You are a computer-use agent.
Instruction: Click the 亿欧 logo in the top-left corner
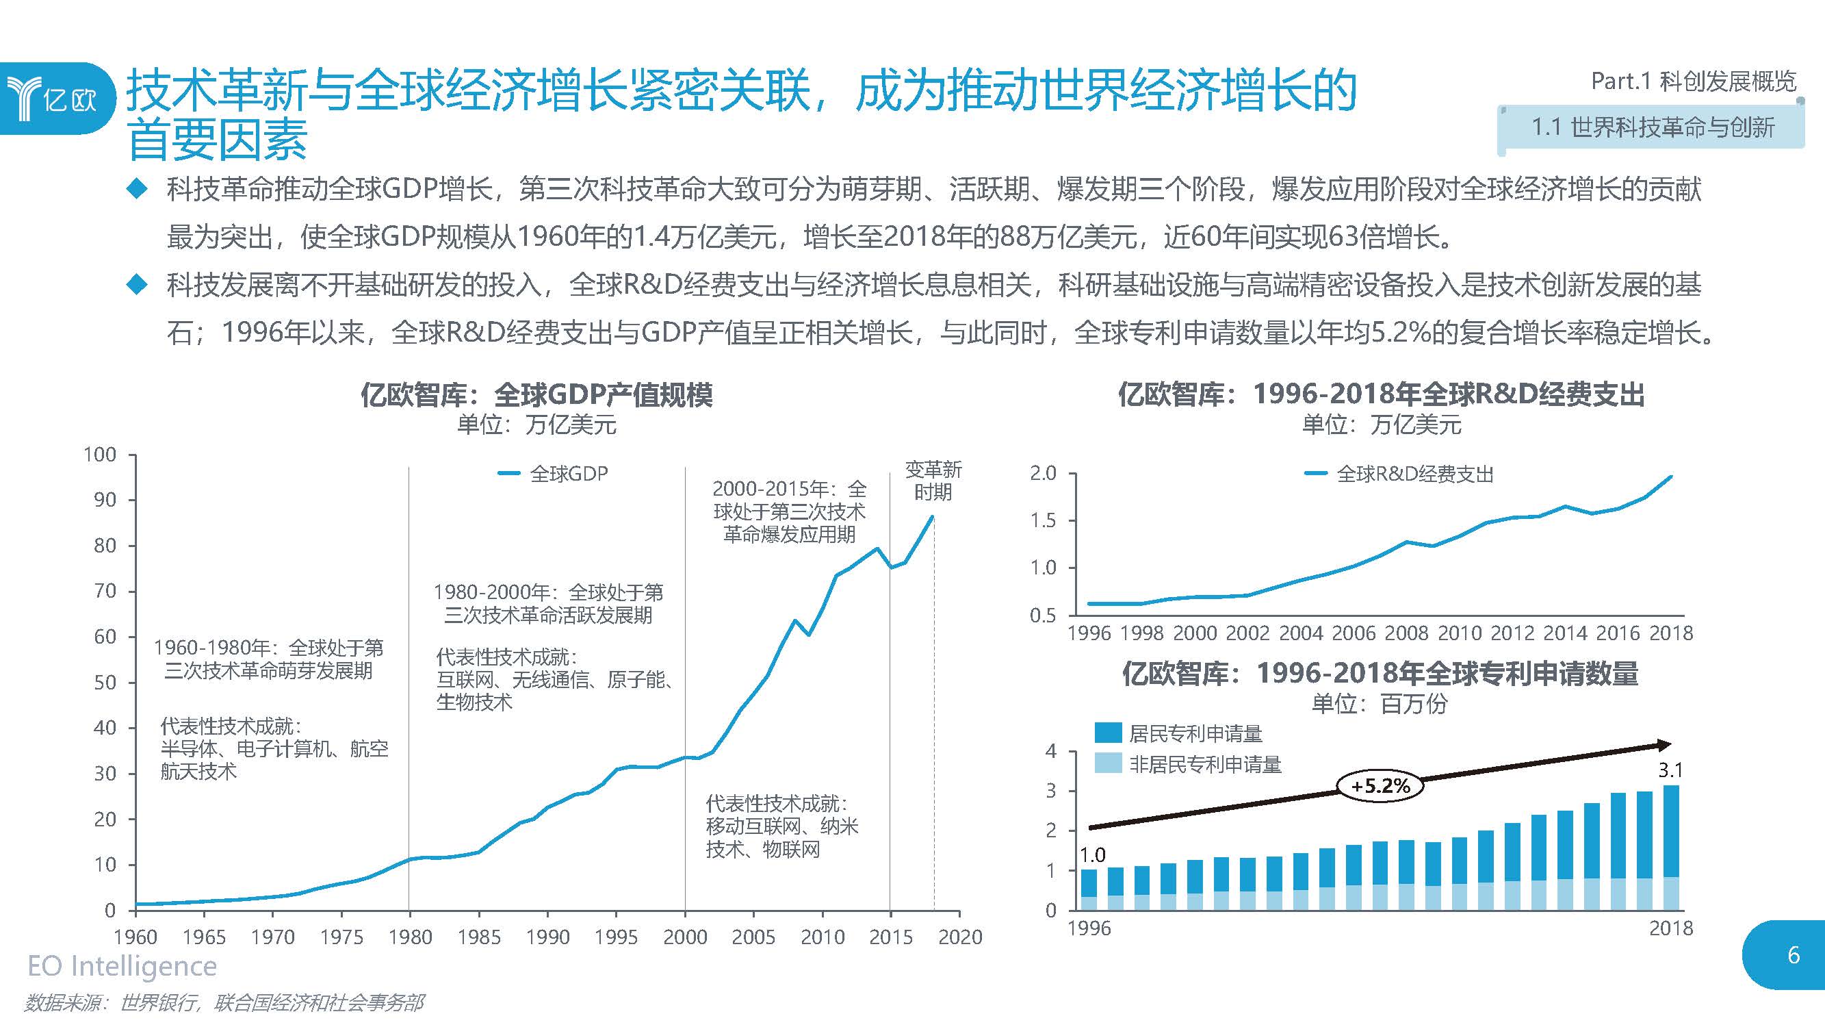coord(53,99)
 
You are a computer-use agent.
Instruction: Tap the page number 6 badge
coord(1792,954)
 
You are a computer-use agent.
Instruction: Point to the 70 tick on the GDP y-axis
coord(105,590)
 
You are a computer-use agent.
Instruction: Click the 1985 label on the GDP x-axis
coord(478,937)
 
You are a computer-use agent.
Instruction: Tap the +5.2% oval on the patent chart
coord(1380,785)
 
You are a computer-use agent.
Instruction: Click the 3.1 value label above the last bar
coord(1670,769)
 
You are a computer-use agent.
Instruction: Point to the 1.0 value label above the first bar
coord(1091,854)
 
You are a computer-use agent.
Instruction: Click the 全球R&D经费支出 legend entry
coord(1399,474)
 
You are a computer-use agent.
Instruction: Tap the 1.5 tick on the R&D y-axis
coord(1042,520)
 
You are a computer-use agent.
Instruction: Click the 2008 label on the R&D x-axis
coord(1406,633)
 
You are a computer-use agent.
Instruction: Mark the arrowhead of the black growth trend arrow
coord(1664,745)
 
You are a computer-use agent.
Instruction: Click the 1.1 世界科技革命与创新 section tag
coord(1652,128)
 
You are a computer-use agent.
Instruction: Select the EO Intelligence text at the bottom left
coord(122,966)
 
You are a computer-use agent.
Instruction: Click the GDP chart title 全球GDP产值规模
coord(536,395)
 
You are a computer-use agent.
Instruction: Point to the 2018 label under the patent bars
coord(1670,928)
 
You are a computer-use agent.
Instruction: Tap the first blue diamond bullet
coord(136,189)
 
